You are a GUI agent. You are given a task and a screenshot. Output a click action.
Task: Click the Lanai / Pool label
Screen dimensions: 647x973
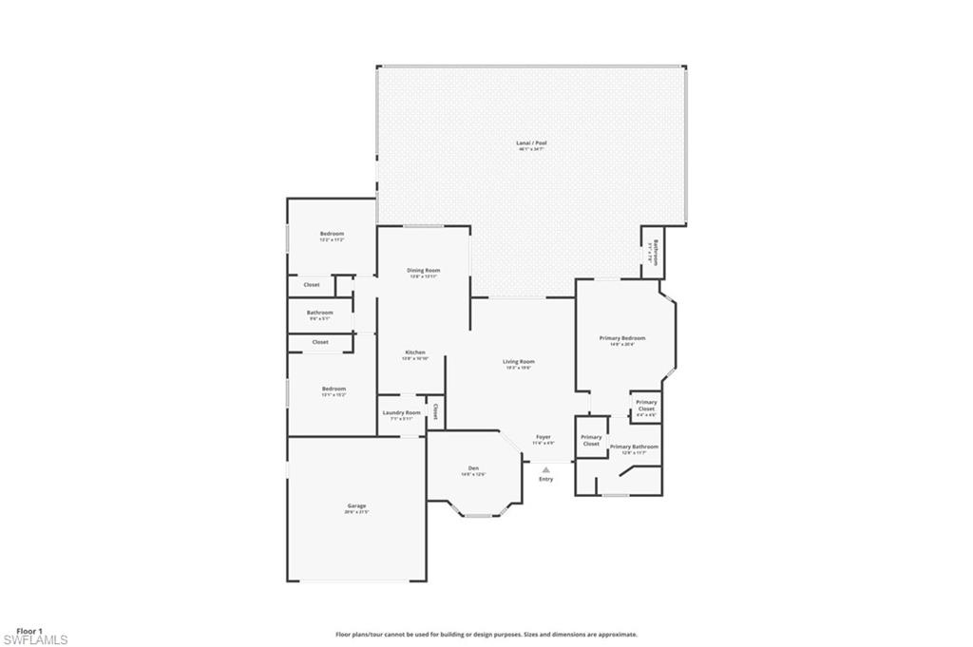point(532,143)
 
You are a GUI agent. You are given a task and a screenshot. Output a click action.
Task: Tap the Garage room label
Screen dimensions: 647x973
point(356,506)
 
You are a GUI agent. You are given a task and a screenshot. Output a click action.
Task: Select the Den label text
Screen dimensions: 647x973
point(473,468)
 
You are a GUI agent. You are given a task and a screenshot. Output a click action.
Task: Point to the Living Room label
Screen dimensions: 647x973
point(519,362)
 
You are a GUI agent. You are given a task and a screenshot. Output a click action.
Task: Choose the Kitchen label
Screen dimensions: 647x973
point(415,352)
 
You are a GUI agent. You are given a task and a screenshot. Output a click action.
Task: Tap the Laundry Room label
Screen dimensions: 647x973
point(401,413)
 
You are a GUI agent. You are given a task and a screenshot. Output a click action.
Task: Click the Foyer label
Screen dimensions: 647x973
point(543,437)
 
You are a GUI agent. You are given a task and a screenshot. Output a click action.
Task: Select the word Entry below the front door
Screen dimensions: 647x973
point(545,479)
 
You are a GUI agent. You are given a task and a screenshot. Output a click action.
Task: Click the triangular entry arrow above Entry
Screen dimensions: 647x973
point(545,467)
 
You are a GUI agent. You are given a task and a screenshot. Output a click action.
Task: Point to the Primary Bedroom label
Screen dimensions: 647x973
point(621,338)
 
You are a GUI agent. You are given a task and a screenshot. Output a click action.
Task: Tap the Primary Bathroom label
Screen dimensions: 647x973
point(634,447)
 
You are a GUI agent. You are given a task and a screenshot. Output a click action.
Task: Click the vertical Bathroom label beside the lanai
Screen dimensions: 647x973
point(652,252)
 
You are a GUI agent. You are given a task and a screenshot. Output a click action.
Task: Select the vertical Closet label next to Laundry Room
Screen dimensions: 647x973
point(435,412)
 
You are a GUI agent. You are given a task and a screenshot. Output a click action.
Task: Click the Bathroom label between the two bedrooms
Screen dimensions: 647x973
point(319,313)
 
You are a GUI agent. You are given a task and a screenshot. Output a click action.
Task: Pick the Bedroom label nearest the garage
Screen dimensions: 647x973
point(334,389)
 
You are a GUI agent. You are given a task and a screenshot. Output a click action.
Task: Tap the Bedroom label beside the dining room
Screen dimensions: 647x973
point(332,234)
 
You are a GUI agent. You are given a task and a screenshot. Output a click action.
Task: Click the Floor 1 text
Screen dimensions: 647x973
point(29,631)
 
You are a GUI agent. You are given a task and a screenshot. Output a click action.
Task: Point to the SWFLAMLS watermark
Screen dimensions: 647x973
point(35,640)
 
